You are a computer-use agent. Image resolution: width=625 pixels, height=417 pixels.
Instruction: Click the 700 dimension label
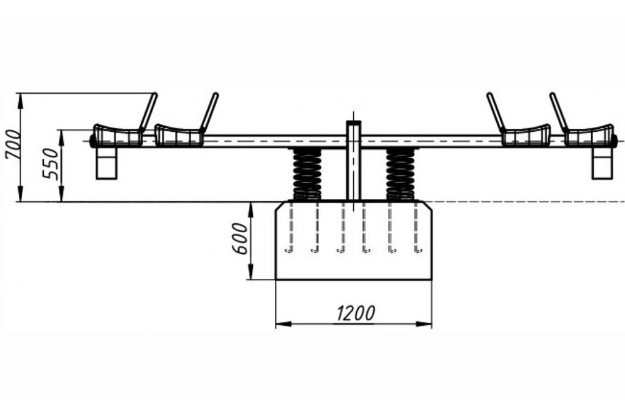pyautogui.click(x=12, y=144)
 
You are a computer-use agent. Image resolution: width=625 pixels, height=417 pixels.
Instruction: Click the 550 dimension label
pyautogui.click(x=51, y=163)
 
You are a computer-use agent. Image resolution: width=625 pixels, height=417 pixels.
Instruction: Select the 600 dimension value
pyautogui.click(x=240, y=238)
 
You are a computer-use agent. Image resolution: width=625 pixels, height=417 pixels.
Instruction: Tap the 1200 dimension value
pyautogui.click(x=356, y=313)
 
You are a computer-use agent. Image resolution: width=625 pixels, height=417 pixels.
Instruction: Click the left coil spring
pyautogui.click(x=307, y=174)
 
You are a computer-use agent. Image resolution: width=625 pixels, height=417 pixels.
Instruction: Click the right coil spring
pyautogui.click(x=401, y=174)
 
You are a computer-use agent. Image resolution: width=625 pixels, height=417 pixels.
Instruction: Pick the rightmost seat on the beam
pyautogui.click(x=589, y=135)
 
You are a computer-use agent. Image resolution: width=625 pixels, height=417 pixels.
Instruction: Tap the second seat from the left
pyautogui.click(x=178, y=135)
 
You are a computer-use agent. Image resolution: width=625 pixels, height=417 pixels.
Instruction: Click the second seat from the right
pyautogui.click(x=526, y=135)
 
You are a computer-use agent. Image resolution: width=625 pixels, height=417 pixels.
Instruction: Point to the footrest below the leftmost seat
pyautogui.click(x=107, y=163)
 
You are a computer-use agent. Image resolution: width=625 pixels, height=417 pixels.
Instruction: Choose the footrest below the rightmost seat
pyautogui.click(x=602, y=163)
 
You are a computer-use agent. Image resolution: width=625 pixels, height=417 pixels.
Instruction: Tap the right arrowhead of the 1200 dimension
pyautogui.click(x=425, y=324)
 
